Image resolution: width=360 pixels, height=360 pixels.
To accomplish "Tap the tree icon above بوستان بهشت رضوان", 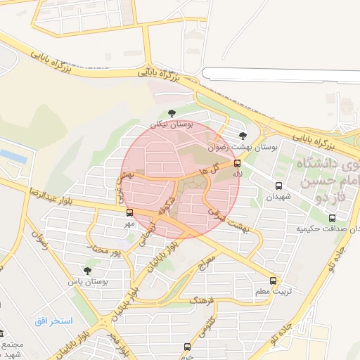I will click(243, 136).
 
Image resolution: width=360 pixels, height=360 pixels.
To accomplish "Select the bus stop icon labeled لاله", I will click(237, 163).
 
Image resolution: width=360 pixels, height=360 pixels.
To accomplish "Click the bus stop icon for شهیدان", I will click(279, 186).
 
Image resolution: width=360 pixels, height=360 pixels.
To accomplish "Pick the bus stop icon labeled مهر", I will click(129, 212).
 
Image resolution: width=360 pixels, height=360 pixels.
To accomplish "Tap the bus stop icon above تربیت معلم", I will click(274, 279).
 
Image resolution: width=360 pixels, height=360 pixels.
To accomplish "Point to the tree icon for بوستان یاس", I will click(87, 270).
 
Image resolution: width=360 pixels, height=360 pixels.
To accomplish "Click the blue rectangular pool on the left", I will click(13, 155).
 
